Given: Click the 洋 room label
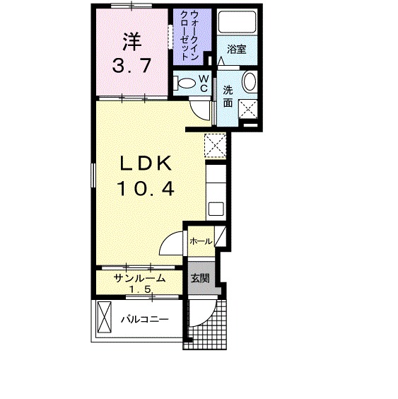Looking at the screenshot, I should (x=131, y=42).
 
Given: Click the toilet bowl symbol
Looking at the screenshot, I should (x=185, y=83).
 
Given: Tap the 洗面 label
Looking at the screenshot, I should (x=228, y=96).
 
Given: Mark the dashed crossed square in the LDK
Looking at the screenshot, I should (x=213, y=145).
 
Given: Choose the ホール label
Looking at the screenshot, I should (x=200, y=242).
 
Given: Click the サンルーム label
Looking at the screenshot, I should (x=141, y=278).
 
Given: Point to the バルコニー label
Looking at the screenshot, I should (x=144, y=319).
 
